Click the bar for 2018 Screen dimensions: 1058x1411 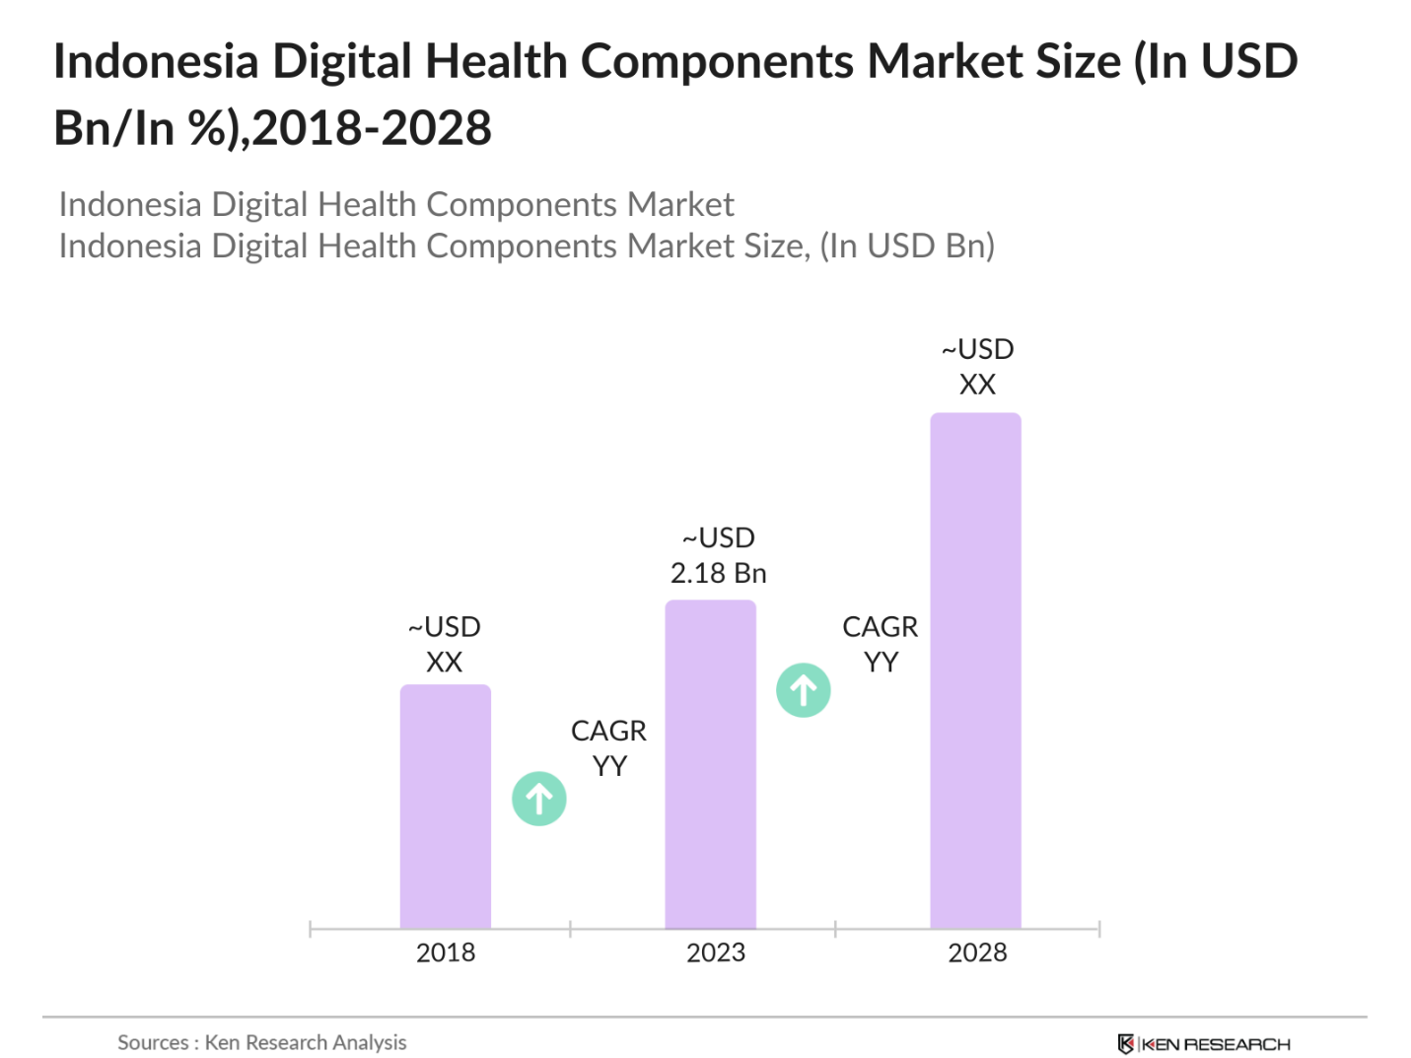click(x=445, y=806)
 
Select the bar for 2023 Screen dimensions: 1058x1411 click(x=710, y=763)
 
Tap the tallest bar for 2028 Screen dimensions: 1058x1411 click(x=975, y=670)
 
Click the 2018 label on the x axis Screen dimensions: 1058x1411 click(x=445, y=952)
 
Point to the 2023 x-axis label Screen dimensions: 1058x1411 click(x=715, y=952)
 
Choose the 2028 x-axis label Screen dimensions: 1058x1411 click(x=977, y=952)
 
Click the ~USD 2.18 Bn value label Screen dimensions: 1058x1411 click(x=718, y=555)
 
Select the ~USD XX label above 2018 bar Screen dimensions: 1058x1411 click(x=444, y=644)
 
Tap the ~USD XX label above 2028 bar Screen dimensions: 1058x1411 click(x=977, y=367)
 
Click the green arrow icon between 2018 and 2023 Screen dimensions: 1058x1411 click(x=538, y=798)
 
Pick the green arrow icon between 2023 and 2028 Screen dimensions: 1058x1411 click(x=803, y=689)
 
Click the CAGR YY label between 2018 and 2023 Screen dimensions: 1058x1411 click(x=608, y=747)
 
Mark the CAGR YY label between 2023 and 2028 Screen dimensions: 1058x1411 click(x=880, y=644)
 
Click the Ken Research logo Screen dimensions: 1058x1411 click(x=1203, y=1043)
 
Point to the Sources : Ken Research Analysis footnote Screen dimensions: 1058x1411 click(x=261, y=1042)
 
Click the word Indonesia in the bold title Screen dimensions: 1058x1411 click(x=156, y=61)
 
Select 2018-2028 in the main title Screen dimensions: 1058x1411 click(x=372, y=128)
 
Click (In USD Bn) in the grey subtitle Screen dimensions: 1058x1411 click(x=907, y=246)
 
